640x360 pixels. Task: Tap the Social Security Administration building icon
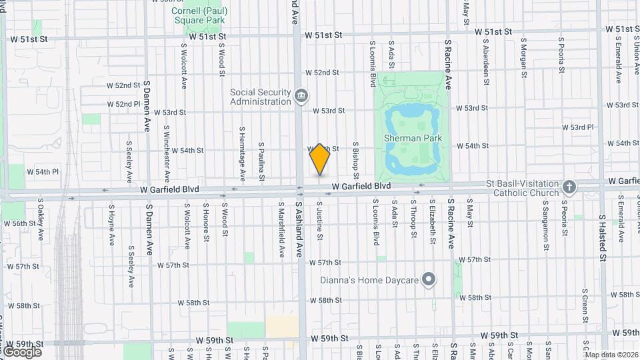[x=301, y=96]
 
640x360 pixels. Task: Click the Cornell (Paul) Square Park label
[x=197, y=15]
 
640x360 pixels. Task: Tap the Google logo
[x=23, y=351]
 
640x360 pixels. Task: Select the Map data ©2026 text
[x=611, y=355]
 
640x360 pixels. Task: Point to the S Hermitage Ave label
[x=243, y=154]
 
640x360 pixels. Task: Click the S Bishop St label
[x=357, y=160]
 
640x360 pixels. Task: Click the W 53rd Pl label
[x=577, y=127]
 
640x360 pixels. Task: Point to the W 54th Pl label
[x=43, y=171]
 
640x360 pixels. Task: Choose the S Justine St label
[x=320, y=221]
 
